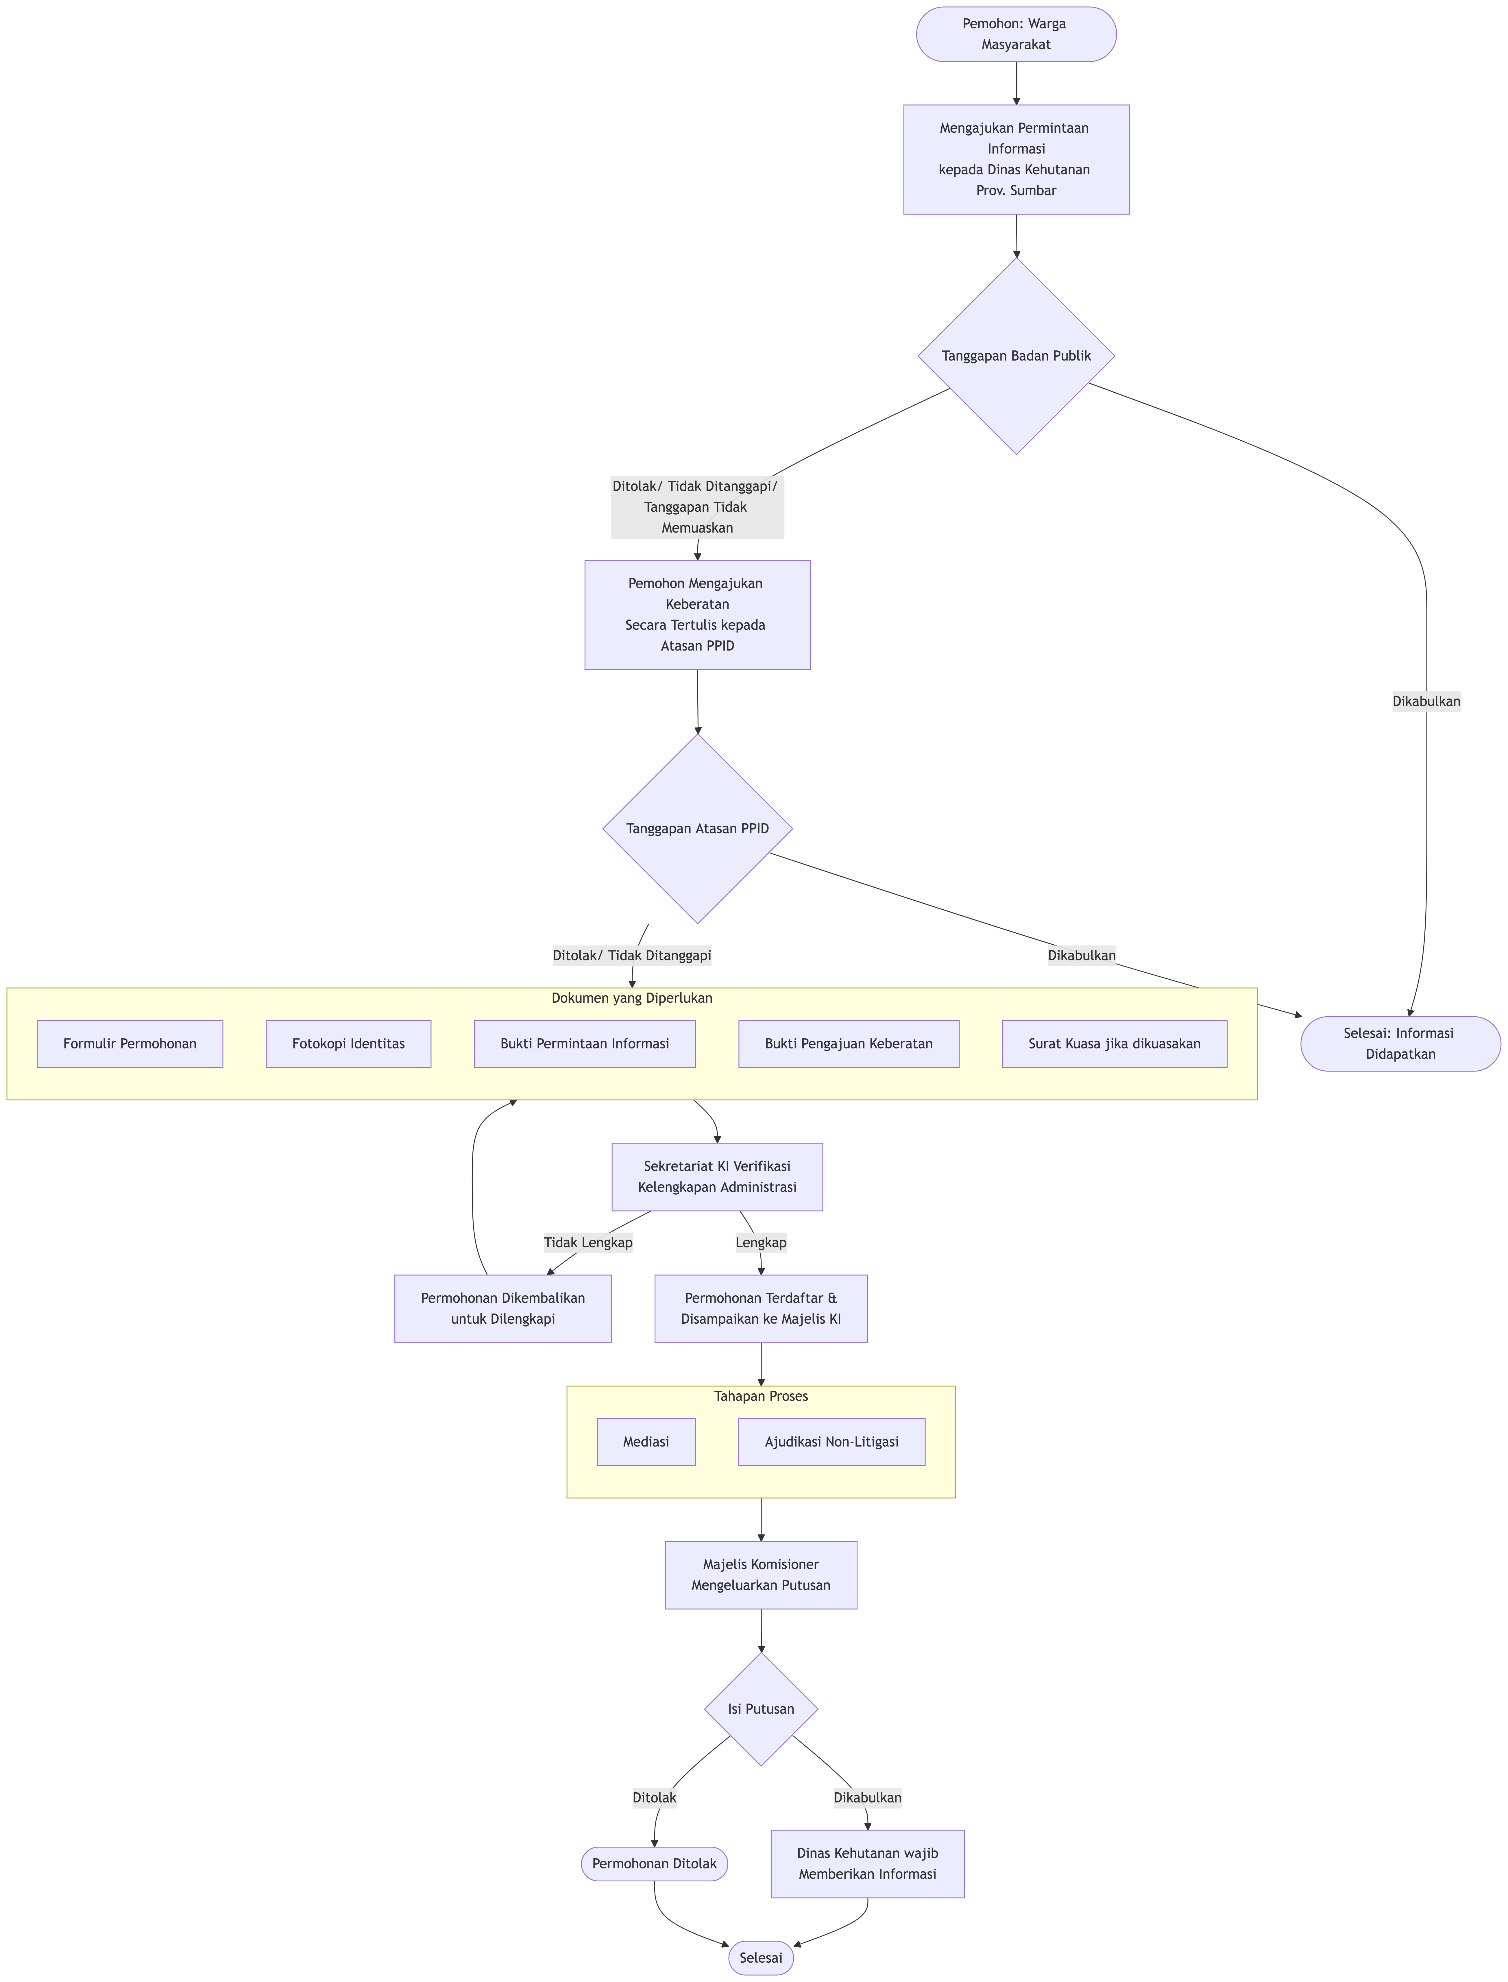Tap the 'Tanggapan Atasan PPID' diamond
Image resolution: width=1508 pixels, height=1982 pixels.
coord(697,829)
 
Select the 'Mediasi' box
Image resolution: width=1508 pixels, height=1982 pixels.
coord(646,1442)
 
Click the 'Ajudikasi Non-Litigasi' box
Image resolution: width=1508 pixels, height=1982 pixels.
coord(831,1442)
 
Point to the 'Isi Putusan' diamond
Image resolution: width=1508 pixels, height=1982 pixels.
coord(761,1709)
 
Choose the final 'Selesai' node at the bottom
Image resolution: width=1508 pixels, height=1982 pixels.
coord(761,1958)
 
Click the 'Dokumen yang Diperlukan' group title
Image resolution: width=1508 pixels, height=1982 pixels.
coord(632,998)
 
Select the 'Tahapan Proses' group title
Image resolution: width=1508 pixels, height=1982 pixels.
coord(761,1396)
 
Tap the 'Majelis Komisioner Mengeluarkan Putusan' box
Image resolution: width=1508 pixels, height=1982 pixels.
coord(761,1575)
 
